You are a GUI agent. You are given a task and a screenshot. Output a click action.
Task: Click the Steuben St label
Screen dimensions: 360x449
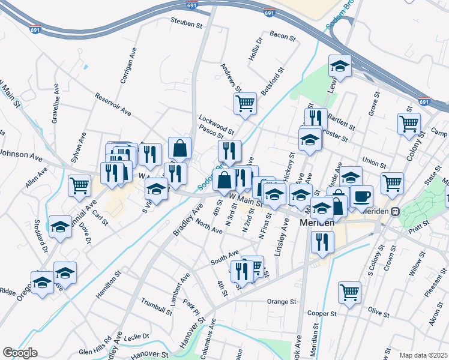pyautogui.click(x=184, y=24)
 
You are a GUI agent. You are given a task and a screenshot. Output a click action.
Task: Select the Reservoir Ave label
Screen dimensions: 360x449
pyautogui.click(x=113, y=104)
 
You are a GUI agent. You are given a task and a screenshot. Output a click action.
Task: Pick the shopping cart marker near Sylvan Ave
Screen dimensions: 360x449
pyautogui.click(x=79, y=185)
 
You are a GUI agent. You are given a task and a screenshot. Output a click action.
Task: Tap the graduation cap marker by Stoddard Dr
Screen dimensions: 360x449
pyautogui.click(x=60, y=227)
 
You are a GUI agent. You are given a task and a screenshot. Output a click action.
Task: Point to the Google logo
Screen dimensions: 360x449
pyautogui.click(x=20, y=353)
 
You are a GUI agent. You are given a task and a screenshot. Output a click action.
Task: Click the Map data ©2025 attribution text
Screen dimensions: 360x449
pyautogui.click(x=423, y=355)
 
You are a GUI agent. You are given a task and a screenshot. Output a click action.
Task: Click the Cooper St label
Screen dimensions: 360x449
pyautogui.click(x=321, y=313)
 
